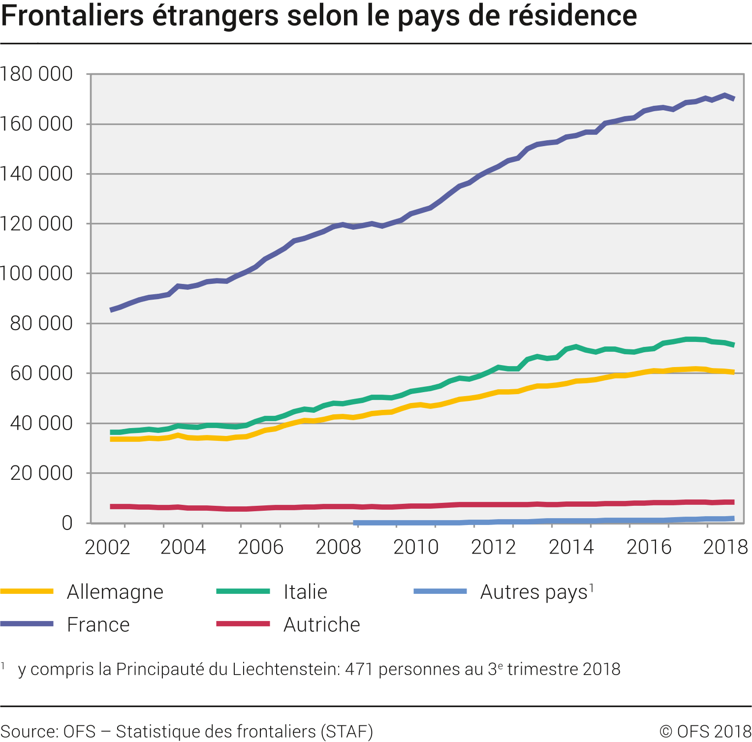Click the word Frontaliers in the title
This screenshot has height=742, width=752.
pyautogui.click(x=72, y=16)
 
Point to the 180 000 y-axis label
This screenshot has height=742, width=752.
pyautogui.click(x=36, y=74)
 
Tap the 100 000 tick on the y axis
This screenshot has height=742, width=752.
pyautogui.click(x=36, y=274)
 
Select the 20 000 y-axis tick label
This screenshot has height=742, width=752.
pyautogui.click(x=41, y=473)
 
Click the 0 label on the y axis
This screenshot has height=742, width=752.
pyautogui.click(x=67, y=523)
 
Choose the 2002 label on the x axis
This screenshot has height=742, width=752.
pyautogui.click(x=107, y=547)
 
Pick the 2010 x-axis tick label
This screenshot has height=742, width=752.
pyautogui.click(x=416, y=547)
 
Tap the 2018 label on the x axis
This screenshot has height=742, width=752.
pyautogui.click(x=725, y=547)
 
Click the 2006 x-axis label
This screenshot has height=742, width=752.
pyautogui.click(x=261, y=547)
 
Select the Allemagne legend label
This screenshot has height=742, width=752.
pyautogui.click(x=115, y=592)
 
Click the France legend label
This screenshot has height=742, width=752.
pyautogui.click(x=98, y=625)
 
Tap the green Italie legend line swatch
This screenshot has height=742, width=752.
pyautogui.click(x=243, y=591)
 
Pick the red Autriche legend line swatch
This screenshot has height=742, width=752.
pyautogui.click(x=243, y=624)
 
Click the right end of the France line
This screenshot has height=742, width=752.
pyautogui.click(x=733, y=99)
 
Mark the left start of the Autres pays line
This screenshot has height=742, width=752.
pyautogui.click(x=355, y=523)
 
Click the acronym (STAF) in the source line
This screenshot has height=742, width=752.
pyautogui.click(x=347, y=732)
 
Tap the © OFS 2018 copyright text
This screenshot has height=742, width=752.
pyautogui.click(x=705, y=732)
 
